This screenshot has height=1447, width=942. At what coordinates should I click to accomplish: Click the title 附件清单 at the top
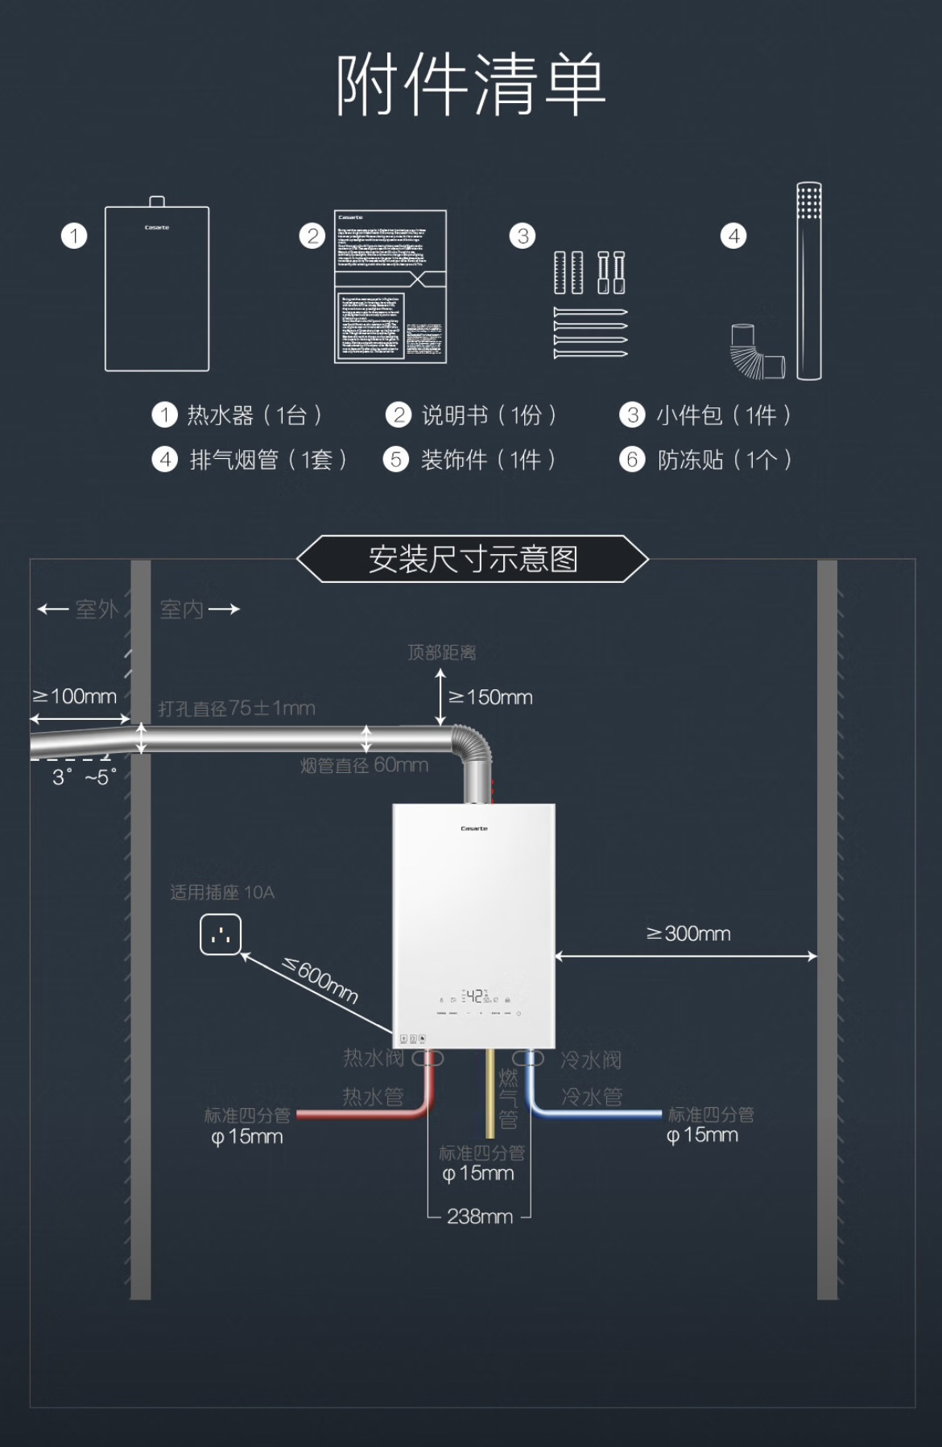point(470,84)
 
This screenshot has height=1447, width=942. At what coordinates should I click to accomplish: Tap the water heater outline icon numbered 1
point(157,287)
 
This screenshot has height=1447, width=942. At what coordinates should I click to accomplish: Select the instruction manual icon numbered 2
point(390,287)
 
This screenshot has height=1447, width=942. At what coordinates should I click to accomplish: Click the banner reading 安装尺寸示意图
point(473,559)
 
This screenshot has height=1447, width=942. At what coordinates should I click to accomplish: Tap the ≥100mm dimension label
point(75,697)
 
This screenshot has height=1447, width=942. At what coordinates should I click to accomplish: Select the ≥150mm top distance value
point(490,697)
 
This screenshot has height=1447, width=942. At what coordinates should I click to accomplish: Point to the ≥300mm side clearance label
point(688,934)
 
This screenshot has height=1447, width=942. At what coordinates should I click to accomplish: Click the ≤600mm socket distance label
point(320,980)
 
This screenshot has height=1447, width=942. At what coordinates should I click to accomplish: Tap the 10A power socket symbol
point(221,935)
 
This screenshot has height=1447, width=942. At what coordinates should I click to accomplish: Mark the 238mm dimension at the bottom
point(480,1217)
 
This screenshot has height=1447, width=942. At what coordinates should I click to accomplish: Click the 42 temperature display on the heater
point(475,996)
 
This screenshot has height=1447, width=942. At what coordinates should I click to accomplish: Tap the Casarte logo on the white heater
point(474,829)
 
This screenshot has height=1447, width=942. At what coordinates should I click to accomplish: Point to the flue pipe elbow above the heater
point(473,748)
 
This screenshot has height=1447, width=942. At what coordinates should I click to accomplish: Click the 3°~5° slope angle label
point(84,777)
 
